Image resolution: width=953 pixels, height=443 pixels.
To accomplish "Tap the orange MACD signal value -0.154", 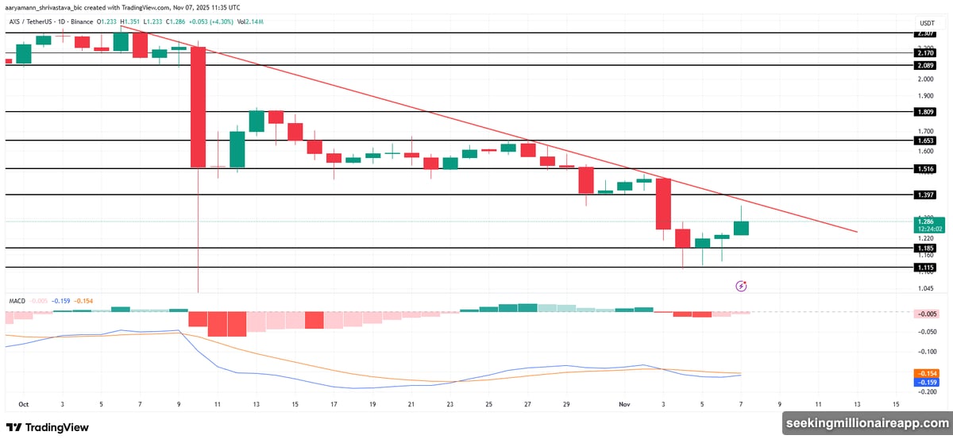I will [x=926, y=373].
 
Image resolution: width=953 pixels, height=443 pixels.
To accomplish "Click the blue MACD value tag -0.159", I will [x=926, y=382].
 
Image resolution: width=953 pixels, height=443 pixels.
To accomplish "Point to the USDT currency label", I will [x=926, y=22].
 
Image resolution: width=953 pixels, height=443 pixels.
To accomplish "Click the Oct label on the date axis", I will [x=23, y=404].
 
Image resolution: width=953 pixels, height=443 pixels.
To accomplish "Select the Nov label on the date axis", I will [x=624, y=404].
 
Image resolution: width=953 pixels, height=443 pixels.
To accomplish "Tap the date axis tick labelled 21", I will [x=411, y=404].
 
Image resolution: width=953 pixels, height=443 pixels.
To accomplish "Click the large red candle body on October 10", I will [x=198, y=107].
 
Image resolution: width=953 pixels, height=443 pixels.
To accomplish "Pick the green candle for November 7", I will [x=741, y=229].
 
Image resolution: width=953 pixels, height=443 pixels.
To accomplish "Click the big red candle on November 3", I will [x=664, y=204].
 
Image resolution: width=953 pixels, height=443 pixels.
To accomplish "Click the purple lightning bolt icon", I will [x=742, y=286].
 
